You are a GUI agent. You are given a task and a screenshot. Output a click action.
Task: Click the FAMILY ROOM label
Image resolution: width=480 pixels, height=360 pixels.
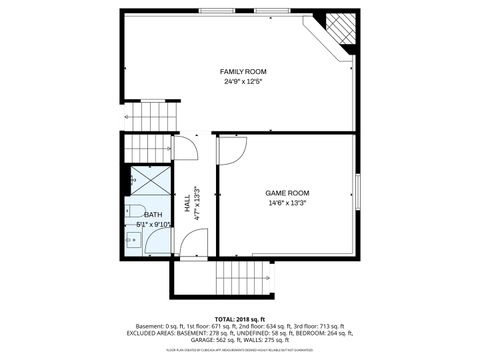243,72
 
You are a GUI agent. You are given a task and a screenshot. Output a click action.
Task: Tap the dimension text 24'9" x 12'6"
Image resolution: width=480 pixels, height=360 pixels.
243,82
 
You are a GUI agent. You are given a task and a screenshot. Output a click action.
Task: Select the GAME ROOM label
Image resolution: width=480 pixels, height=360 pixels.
287,192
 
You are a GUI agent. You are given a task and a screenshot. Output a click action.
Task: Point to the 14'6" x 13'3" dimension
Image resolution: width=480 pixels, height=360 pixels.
287,203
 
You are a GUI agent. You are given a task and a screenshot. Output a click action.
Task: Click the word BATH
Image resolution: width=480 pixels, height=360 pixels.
153,215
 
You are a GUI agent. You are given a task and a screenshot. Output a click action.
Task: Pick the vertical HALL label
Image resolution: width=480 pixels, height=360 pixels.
187,201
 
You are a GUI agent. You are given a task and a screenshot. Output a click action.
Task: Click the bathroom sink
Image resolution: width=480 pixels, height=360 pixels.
135,238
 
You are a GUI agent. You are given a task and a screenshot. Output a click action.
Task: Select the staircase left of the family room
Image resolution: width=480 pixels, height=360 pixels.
150,119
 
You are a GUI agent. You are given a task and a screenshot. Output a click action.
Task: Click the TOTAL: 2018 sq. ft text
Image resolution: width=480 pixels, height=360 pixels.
239,319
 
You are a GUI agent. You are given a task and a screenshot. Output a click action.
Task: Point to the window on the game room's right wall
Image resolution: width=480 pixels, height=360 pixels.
356,191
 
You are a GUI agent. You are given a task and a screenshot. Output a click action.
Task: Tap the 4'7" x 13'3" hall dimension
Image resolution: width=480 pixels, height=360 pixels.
197,201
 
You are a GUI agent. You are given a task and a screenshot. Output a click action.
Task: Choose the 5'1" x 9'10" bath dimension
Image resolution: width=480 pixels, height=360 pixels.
155,226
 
